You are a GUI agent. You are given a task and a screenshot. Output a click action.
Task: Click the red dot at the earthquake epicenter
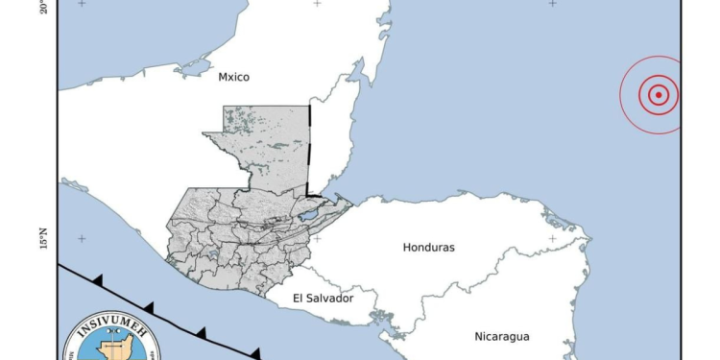[x=659, y=95]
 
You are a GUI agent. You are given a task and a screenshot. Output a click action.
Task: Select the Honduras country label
[x=429, y=248]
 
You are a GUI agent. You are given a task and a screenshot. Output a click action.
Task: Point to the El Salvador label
[x=324, y=299]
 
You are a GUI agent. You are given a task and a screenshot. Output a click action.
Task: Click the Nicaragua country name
[x=502, y=336]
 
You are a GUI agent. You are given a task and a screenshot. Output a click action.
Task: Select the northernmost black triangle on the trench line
[x=97, y=279]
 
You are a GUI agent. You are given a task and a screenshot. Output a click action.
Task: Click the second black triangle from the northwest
[x=148, y=306]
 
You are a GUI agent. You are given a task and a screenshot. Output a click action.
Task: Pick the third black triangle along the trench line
[x=200, y=332]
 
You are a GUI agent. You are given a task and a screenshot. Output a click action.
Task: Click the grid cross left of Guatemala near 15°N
[x=83, y=239]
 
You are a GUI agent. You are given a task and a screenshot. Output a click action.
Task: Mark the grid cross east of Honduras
[x=552, y=238]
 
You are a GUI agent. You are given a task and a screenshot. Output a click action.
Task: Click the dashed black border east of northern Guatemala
[x=309, y=144]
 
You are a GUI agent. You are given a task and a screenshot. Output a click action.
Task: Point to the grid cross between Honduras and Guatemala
[x=318, y=239]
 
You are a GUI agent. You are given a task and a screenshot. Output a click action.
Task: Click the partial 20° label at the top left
[x=44, y=8]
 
